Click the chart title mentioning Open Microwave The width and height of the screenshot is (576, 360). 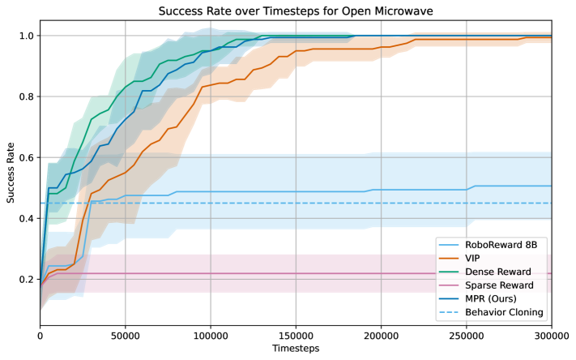pos(296,11)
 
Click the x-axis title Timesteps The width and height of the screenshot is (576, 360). pos(296,349)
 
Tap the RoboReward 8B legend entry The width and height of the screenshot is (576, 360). pos(498,244)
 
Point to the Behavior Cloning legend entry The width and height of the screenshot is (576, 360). pos(501,313)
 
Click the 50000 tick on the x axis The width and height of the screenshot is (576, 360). pos(126,334)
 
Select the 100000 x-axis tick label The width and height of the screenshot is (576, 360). pos(211,334)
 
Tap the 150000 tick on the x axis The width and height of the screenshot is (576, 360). pos(296,334)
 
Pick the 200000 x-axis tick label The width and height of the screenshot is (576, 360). pos(381,334)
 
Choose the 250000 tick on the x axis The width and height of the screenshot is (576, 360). pos(466,334)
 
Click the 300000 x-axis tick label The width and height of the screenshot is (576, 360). pos(550,334)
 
